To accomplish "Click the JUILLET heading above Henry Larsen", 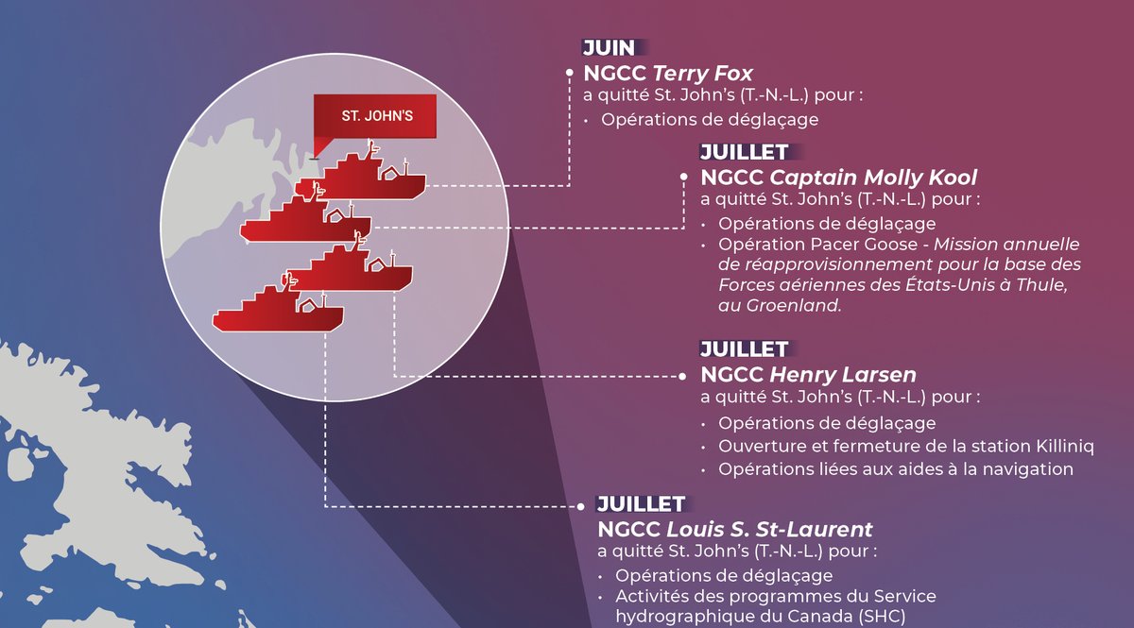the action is [744, 349].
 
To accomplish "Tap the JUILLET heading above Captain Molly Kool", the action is [744, 152].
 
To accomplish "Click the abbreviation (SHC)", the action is [879, 616].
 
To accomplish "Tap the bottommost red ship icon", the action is [278, 313].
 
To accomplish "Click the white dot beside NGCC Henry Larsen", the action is [681, 375].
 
